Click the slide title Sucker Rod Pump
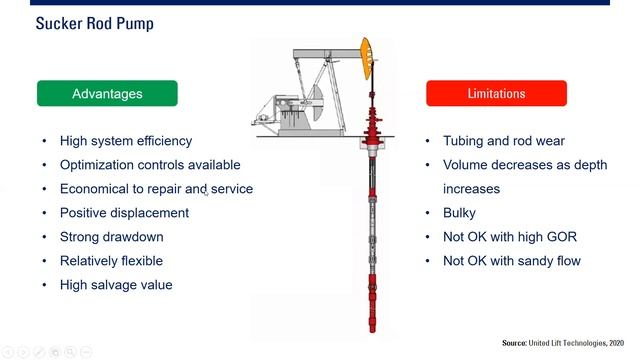[95, 22]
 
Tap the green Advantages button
[107, 93]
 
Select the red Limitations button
[496, 93]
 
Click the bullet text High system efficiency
[125, 141]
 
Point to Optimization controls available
[150, 165]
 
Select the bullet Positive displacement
[124, 213]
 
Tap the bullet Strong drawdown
[111, 237]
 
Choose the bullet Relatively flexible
[111, 261]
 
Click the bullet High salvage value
[116, 285]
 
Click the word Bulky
[459, 213]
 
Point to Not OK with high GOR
[510, 237]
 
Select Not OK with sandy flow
[511, 261]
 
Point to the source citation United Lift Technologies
[567, 343]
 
